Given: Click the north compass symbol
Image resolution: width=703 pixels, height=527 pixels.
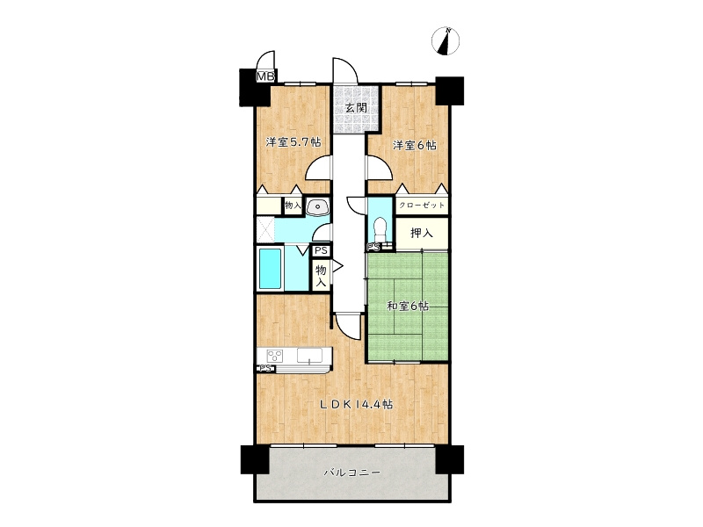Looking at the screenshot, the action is [x=446, y=41].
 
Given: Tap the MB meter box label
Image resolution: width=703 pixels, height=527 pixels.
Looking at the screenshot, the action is [x=265, y=76].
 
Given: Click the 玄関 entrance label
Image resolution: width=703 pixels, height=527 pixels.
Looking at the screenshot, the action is [x=357, y=108].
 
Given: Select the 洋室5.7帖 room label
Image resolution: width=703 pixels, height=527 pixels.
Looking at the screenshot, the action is [x=294, y=142].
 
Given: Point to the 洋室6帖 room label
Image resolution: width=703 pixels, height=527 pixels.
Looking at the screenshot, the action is [x=415, y=145].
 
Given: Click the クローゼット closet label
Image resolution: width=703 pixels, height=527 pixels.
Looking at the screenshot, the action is [x=422, y=206].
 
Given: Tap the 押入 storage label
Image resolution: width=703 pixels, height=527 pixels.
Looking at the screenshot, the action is [x=422, y=233].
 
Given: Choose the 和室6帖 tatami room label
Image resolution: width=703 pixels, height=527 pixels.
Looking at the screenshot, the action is [x=408, y=306].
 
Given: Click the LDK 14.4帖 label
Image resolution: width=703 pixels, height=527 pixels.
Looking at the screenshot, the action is [x=357, y=404].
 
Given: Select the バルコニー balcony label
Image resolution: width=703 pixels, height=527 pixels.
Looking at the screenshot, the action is [x=352, y=473].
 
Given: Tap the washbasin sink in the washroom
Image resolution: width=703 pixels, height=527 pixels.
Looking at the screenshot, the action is [x=318, y=207].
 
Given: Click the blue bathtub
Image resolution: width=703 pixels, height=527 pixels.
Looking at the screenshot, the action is [x=271, y=269].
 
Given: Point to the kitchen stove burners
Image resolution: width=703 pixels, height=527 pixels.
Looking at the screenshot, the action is [x=275, y=357].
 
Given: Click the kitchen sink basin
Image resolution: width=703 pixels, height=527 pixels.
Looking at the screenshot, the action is [x=310, y=356].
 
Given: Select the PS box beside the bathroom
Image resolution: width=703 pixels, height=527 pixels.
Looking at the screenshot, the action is [x=321, y=250].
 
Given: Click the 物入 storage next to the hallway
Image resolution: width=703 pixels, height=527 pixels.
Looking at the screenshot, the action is [x=321, y=276].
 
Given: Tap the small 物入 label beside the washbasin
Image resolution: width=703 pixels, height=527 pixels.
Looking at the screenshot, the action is [x=293, y=206].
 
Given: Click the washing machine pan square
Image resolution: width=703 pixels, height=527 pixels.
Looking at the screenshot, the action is [x=265, y=229].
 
